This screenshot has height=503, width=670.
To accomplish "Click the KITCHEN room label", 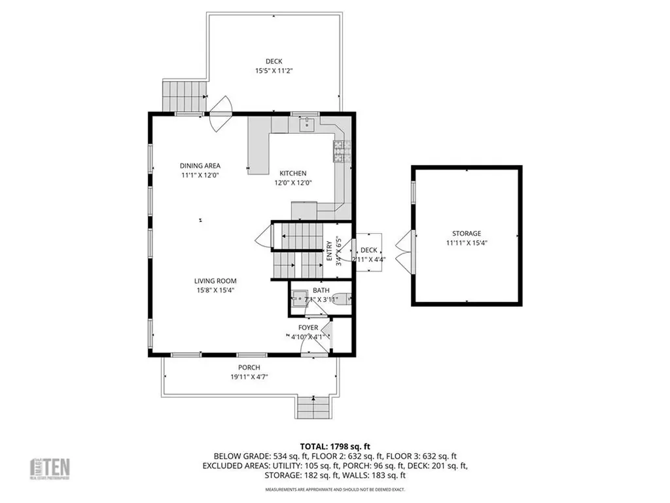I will pos(292,173).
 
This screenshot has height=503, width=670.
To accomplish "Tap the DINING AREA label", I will pos(200,166).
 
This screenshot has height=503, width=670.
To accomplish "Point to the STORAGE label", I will pos(467,233).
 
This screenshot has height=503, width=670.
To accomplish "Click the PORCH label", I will pos(249,367).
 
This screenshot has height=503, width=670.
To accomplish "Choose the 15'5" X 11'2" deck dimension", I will pos(273,71).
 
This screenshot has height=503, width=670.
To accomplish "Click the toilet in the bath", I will pos(340,301).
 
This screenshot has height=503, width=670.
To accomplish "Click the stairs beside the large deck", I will pos(184,96).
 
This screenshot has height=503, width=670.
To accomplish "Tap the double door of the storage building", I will pos(404,251).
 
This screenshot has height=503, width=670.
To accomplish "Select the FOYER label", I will pos(308,327).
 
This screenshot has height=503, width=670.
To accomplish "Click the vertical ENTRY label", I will pos(330,251).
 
